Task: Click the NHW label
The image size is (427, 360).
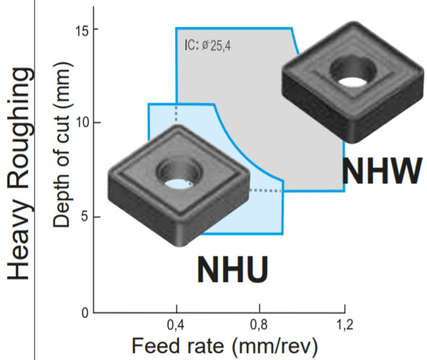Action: point(382,171)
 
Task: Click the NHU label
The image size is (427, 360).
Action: point(232,269)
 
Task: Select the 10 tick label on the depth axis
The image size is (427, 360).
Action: point(83,123)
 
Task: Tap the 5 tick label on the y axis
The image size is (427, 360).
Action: point(85,217)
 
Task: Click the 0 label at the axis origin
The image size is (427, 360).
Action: point(85,313)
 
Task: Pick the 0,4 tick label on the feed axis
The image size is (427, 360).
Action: point(176,325)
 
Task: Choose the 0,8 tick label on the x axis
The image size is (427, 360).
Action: point(258,325)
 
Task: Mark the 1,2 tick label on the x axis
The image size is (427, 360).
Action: point(344,325)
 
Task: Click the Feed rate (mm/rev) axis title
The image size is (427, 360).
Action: point(225,346)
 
